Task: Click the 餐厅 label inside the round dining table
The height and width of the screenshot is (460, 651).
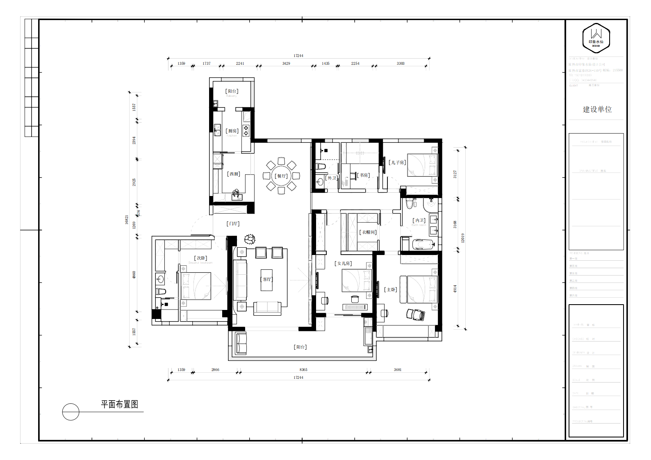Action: coord(281,176)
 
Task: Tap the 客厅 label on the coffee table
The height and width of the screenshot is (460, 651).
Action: coord(267,280)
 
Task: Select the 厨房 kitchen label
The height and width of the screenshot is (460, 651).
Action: coord(232,131)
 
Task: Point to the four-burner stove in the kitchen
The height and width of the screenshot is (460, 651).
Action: coord(246,130)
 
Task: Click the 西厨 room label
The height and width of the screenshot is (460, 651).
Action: coord(234,174)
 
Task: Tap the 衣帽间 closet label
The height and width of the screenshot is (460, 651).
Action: coord(368,232)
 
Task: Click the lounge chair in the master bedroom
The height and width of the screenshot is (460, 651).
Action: coord(416,314)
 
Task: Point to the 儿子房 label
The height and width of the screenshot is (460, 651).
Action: coord(397,163)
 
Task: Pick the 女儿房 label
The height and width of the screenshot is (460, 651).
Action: coord(344,264)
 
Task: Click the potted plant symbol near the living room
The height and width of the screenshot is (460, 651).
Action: coord(249,239)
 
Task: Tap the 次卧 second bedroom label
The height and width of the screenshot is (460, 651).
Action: coord(200,258)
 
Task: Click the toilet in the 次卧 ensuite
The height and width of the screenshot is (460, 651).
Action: coord(160,291)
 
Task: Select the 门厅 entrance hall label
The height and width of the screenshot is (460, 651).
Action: coord(233,224)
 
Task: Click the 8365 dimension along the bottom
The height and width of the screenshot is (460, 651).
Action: coord(303,370)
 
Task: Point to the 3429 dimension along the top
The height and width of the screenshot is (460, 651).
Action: coord(286,64)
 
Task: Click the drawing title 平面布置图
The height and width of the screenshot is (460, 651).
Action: coord(120,404)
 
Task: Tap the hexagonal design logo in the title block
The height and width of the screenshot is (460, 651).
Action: coord(596,38)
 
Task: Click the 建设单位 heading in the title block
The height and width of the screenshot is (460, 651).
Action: coord(597,109)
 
